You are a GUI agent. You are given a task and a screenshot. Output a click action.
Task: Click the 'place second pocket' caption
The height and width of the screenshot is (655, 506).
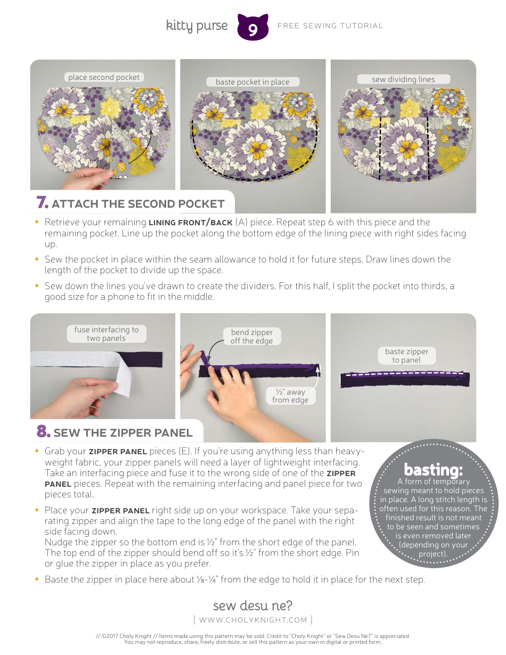coord(104,77)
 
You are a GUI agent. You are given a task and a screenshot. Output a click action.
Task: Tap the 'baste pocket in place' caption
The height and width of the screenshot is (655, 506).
coord(252,82)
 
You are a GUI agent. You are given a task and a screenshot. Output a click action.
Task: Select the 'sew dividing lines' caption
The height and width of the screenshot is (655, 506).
coord(403,79)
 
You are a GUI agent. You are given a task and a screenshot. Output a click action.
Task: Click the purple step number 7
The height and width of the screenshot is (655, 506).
coord(43,203)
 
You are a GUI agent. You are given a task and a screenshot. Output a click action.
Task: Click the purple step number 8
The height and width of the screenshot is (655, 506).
coord(43,431)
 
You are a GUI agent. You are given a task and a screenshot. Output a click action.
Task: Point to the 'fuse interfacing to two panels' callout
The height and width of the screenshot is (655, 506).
coord(106,334)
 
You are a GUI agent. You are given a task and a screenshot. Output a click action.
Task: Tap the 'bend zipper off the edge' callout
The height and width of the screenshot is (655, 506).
coord(251,337)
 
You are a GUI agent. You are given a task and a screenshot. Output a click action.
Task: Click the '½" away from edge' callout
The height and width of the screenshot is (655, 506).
coord(290,396)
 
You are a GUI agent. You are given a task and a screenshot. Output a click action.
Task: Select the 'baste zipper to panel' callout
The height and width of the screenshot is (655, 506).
coord(406,356)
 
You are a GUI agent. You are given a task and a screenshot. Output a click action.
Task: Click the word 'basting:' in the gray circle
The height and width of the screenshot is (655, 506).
coord(434,470)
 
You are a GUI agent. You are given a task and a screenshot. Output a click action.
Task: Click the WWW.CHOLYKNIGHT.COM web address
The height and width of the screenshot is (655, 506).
coord(253,620)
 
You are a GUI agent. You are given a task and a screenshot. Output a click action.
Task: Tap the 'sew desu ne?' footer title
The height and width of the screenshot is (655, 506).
coord(252,605)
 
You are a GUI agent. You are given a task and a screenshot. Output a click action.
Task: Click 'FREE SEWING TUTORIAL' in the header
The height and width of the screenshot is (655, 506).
coord(330,26)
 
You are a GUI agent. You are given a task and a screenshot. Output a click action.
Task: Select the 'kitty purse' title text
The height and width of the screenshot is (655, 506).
coord(197,26)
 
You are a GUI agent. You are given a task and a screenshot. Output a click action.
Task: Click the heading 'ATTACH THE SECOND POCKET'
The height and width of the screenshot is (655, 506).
coord(138,204)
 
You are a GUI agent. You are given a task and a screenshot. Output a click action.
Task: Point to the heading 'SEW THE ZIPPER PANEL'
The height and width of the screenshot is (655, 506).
coord(123,432)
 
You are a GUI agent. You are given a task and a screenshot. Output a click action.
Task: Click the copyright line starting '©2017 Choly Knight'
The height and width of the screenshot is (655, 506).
coord(253,636)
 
